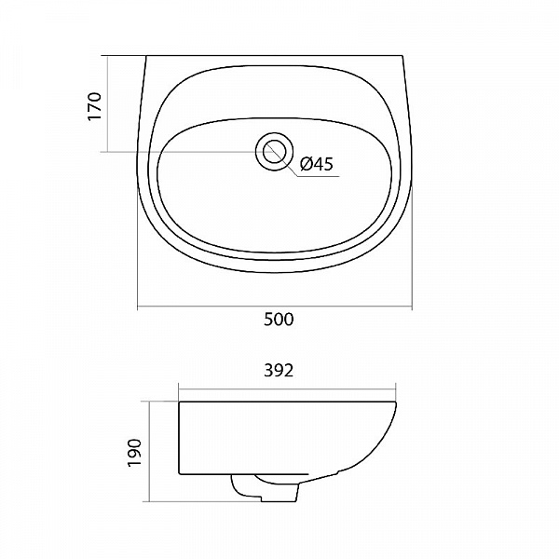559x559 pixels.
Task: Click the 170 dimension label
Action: click(x=95, y=106)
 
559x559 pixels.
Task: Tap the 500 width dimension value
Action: click(x=279, y=319)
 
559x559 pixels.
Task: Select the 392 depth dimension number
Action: click(x=279, y=371)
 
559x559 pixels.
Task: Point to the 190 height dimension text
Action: click(x=135, y=453)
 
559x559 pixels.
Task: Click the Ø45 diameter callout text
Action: click(x=316, y=164)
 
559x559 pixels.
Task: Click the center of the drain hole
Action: click(x=274, y=152)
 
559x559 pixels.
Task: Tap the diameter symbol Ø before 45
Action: click(x=306, y=164)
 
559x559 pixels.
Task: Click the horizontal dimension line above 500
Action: click(x=275, y=307)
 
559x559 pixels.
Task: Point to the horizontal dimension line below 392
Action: click(x=287, y=389)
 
